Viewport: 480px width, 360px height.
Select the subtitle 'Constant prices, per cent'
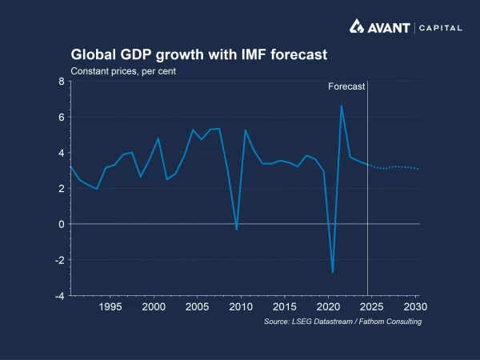(x=123, y=71)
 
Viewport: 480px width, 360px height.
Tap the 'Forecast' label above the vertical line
(x=346, y=86)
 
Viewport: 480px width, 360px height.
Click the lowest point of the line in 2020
(x=333, y=273)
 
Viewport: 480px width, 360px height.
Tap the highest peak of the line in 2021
(x=342, y=106)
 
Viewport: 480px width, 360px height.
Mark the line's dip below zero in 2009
(x=237, y=230)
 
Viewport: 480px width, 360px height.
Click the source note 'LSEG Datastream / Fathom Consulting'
(x=342, y=322)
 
